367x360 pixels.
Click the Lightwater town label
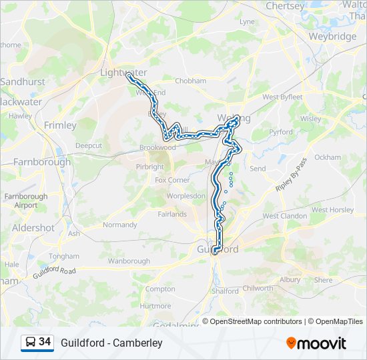pyautogui.click(x=123, y=72)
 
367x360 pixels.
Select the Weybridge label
pyautogui.click(x=333, y=37)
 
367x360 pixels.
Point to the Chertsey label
pyautogui.click(x=285, y=5)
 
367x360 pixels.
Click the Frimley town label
pyautogui.click(x=60, y=125)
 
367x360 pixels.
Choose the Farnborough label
pyautogui.click(x=41, y=161)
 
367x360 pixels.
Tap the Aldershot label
pyautogui.click(x=33, y=227)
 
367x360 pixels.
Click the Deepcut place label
pyautogui.click(x=89, y=145)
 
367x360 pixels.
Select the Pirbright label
pyautogui.click(x=149, y=167)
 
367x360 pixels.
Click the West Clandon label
pyautogui.click(x=284, y=216)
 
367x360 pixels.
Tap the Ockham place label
pyautogui.click(x=327, y=157)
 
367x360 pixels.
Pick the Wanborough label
pyautogui.click(x=129, y=261)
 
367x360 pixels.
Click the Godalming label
pyautogui.click(x=175, y=325)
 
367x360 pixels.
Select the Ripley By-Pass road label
pyautogui.click(x=292, y=176)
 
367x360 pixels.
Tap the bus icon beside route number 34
pyautogui.click(x=30, y=343)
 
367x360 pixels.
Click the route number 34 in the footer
pyautogui.click(x=45, y=342)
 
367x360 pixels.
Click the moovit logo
pyautogui.click(x=316, y=343)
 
